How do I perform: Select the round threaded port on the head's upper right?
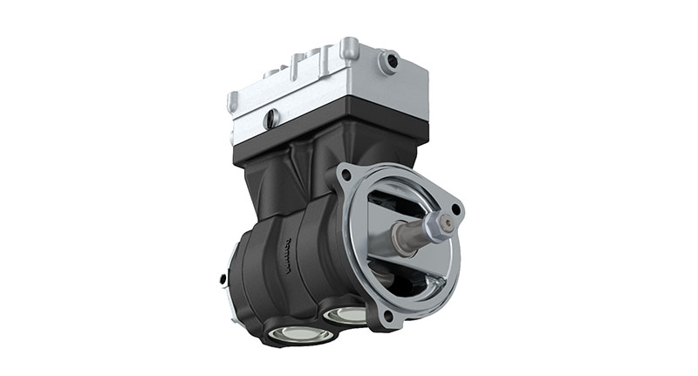pyautogui.click(x=388, y=61)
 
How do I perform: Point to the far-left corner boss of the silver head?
pyautogui.click(x=233, y=101)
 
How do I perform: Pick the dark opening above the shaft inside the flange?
pyautogui.click(x=397, y=201)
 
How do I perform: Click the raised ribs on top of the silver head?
pyautogui.click(x=297, y=65)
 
